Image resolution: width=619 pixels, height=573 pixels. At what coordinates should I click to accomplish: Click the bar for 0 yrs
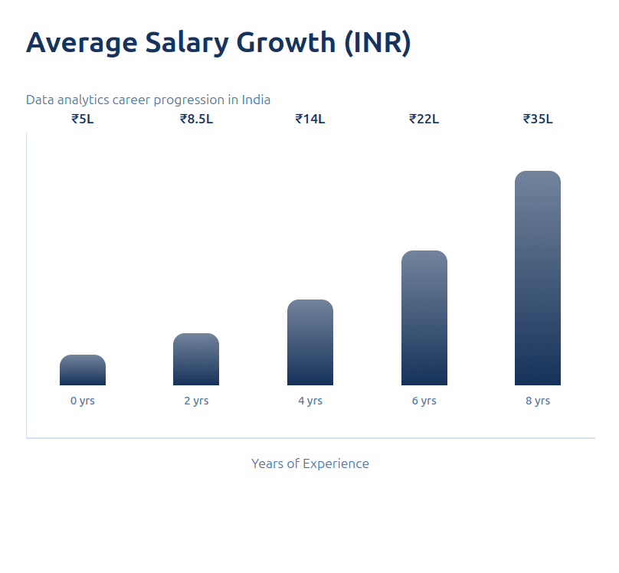point(83,370)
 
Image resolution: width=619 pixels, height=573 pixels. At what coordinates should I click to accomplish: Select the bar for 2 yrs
point(196,359)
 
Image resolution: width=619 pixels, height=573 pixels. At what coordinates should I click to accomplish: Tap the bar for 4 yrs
point(310,342)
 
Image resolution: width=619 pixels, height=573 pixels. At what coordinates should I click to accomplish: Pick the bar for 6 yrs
point(424,318)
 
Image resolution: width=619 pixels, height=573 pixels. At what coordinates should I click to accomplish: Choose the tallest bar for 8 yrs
point(538,278)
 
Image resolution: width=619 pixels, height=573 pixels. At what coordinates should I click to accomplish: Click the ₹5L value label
point(83,119)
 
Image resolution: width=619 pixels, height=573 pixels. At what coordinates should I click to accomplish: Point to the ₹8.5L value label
point(196,119)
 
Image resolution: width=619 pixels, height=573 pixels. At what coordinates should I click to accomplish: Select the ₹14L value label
point(310,119)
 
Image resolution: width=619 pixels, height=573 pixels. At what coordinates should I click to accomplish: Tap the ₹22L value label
point(424,119)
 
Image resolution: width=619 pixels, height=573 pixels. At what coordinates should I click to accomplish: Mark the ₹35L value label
point(538,119)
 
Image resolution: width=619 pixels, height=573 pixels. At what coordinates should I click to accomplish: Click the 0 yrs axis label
point(83,401)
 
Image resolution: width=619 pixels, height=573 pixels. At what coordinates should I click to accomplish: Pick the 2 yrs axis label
point(196,401)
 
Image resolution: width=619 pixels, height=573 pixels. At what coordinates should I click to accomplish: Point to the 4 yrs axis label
point(310,401)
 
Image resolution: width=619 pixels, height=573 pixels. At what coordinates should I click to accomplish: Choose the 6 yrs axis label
point(424,401)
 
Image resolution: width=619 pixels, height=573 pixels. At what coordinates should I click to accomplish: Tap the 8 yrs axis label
point(538,401)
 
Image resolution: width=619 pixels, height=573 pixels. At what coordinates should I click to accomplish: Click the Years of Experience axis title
point(310,463)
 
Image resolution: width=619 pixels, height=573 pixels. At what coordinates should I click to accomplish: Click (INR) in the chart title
point(377,43)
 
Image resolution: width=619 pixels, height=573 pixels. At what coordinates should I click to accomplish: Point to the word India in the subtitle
point(256,100)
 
